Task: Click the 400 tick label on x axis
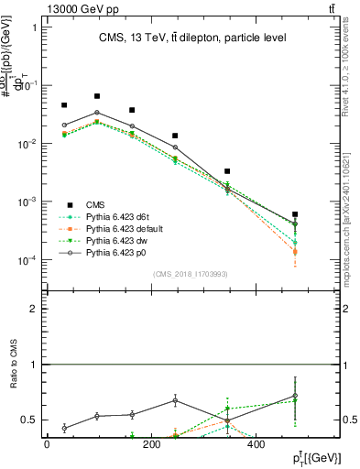point(255,444)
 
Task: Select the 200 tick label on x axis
point(151,444)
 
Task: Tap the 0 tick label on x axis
point(47,444)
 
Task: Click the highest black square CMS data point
point(97,96)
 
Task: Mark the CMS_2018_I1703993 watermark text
point(191,273)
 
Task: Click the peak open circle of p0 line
point(97,113)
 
